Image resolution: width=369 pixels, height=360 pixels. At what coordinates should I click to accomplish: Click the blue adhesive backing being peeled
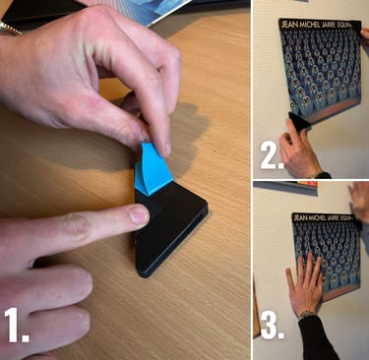click(152, 169)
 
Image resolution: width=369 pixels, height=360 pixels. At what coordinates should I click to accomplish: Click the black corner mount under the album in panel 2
click(296, 124)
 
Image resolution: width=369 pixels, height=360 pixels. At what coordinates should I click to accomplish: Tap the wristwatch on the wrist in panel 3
click(307, 315)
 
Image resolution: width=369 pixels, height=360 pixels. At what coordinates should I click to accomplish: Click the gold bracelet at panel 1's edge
click(10, 29)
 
